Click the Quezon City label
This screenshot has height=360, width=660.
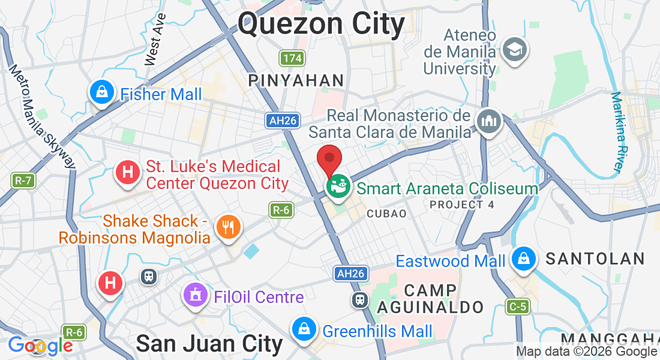(x=322, y=25)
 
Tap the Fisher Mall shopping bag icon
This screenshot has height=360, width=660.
(x=102, y=92)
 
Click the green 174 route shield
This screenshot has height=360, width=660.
(x=292, y=59)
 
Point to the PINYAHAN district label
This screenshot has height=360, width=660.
(x=296, y=80)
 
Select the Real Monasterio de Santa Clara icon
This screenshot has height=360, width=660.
(x=488, y=121)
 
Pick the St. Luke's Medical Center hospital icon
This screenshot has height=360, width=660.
(x=127, y=173)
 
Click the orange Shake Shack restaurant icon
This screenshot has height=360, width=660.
(x=229, y=227)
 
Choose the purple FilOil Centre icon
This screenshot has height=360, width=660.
(x=195, y=295)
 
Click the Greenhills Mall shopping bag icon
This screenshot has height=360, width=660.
(x=304, y=329)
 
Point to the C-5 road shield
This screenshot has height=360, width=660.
(x=517, y=307)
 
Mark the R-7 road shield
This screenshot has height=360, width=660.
(x=22, y=179)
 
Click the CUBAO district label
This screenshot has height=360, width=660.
(x=386, y=214)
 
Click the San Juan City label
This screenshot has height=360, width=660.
(x=209, y=344)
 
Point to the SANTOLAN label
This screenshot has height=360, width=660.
(x=595, y=259)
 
